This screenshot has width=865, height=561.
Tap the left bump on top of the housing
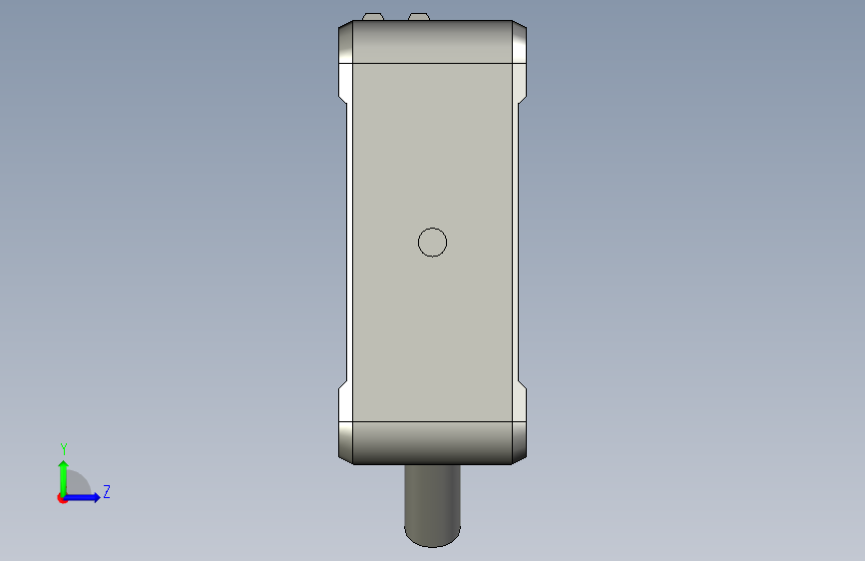[x=373, y=17]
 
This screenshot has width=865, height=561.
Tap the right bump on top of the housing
[x=419, y=17]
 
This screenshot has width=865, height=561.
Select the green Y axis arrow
[x=64, y=478]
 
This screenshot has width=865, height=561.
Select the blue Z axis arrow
[x=82, y=497]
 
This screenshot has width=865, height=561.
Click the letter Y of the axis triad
[x=64, y=449]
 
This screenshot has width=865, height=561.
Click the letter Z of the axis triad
[x=107, y=491]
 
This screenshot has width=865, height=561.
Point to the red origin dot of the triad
[x=62, y=498]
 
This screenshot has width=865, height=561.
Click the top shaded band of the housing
[x=433, y=42]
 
